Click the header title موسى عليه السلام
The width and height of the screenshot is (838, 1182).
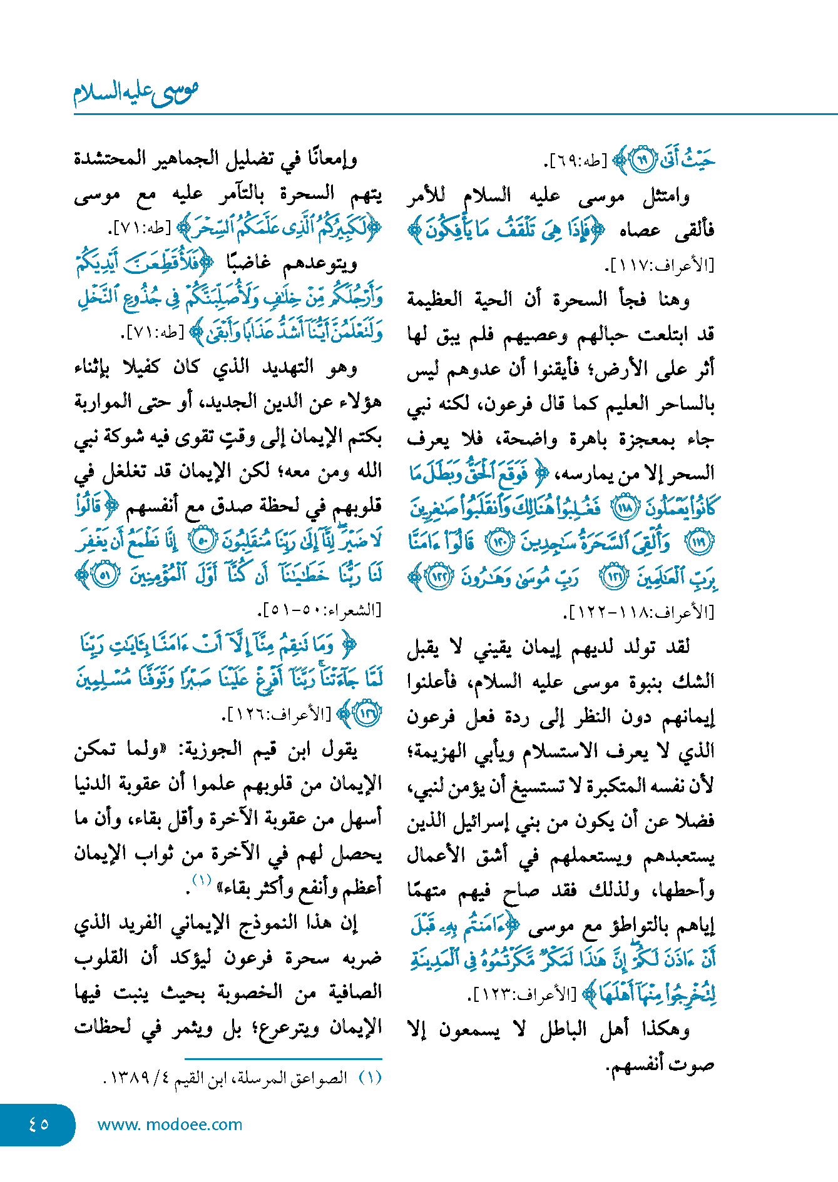click(136, 92)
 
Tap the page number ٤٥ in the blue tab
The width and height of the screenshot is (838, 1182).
click(39, 1124)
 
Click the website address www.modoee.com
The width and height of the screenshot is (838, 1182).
click(170, 1124)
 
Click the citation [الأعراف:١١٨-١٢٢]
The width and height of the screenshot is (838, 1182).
click(640, 612)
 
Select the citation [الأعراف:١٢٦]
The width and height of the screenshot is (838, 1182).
click(279, 714)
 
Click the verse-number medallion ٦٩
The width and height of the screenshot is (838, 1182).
click(641, 160)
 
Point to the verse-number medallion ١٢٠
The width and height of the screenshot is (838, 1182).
click(501, 543)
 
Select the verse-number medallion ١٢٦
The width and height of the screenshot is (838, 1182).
click(367, 714)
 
